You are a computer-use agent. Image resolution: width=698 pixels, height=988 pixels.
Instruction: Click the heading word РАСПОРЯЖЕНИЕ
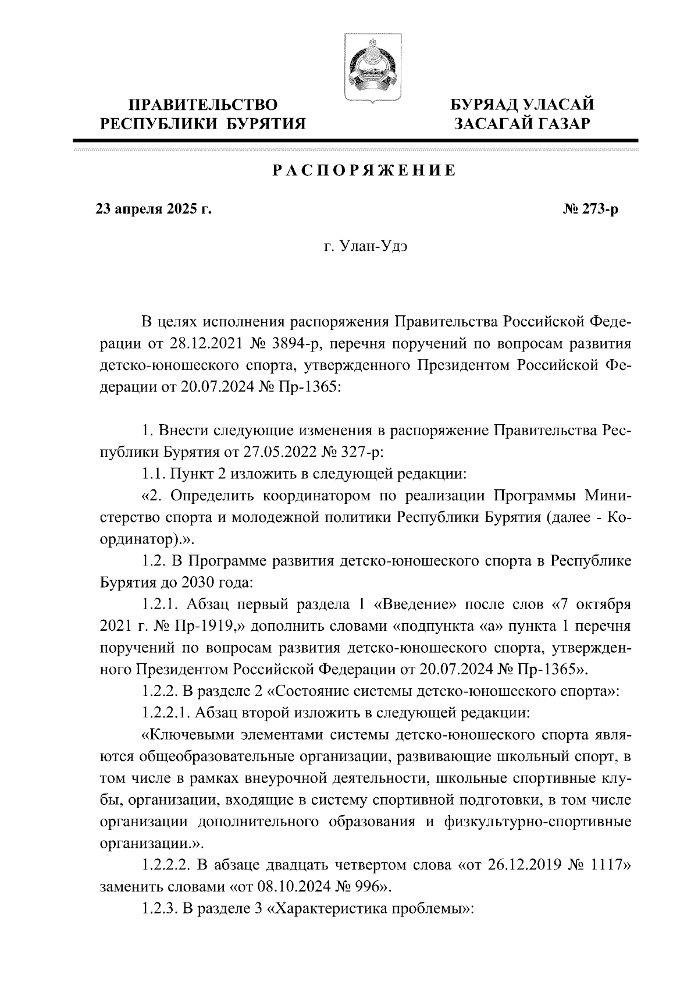[364, 170]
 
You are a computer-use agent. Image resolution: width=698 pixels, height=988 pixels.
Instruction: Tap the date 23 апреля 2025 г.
[154, 209]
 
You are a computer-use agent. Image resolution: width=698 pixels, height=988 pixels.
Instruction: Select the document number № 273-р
[587, 209]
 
